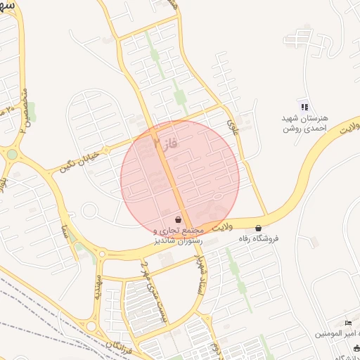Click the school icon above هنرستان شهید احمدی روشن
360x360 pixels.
304,107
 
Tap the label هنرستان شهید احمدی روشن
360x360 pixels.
305,124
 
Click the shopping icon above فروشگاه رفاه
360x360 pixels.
258,228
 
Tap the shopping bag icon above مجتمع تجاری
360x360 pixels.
177,219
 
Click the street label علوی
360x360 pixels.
233,127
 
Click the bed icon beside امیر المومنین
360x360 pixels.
349,323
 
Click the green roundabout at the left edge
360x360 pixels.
11,154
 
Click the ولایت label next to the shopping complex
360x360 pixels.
221,227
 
